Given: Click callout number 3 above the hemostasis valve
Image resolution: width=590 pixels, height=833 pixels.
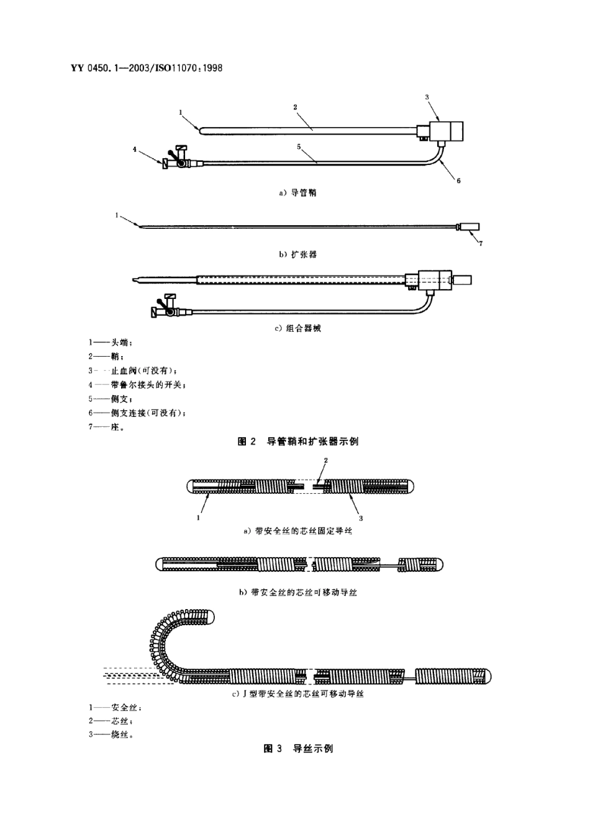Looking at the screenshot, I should point(427,97).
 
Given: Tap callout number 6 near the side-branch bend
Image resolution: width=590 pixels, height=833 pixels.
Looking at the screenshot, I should point(458,181).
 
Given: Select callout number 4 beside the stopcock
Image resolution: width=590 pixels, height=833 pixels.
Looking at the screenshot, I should point(135,149).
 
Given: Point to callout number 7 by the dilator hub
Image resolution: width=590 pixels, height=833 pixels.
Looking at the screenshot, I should point(480,243).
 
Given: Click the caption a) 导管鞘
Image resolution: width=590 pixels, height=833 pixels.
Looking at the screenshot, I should point(297,193).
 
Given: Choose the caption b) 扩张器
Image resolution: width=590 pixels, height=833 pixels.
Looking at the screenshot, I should point(297,254).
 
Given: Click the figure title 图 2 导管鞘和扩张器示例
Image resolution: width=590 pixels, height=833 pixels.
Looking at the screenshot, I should point(298,442).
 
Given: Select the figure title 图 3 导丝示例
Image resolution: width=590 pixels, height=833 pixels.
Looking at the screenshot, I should point(298,749).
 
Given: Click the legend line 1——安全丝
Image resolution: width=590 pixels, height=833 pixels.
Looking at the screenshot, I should point(115,707).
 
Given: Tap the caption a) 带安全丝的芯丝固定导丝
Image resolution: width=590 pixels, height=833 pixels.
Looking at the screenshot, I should point(297,532).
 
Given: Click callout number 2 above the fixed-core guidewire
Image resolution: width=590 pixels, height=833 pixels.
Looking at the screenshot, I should point(326,460).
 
